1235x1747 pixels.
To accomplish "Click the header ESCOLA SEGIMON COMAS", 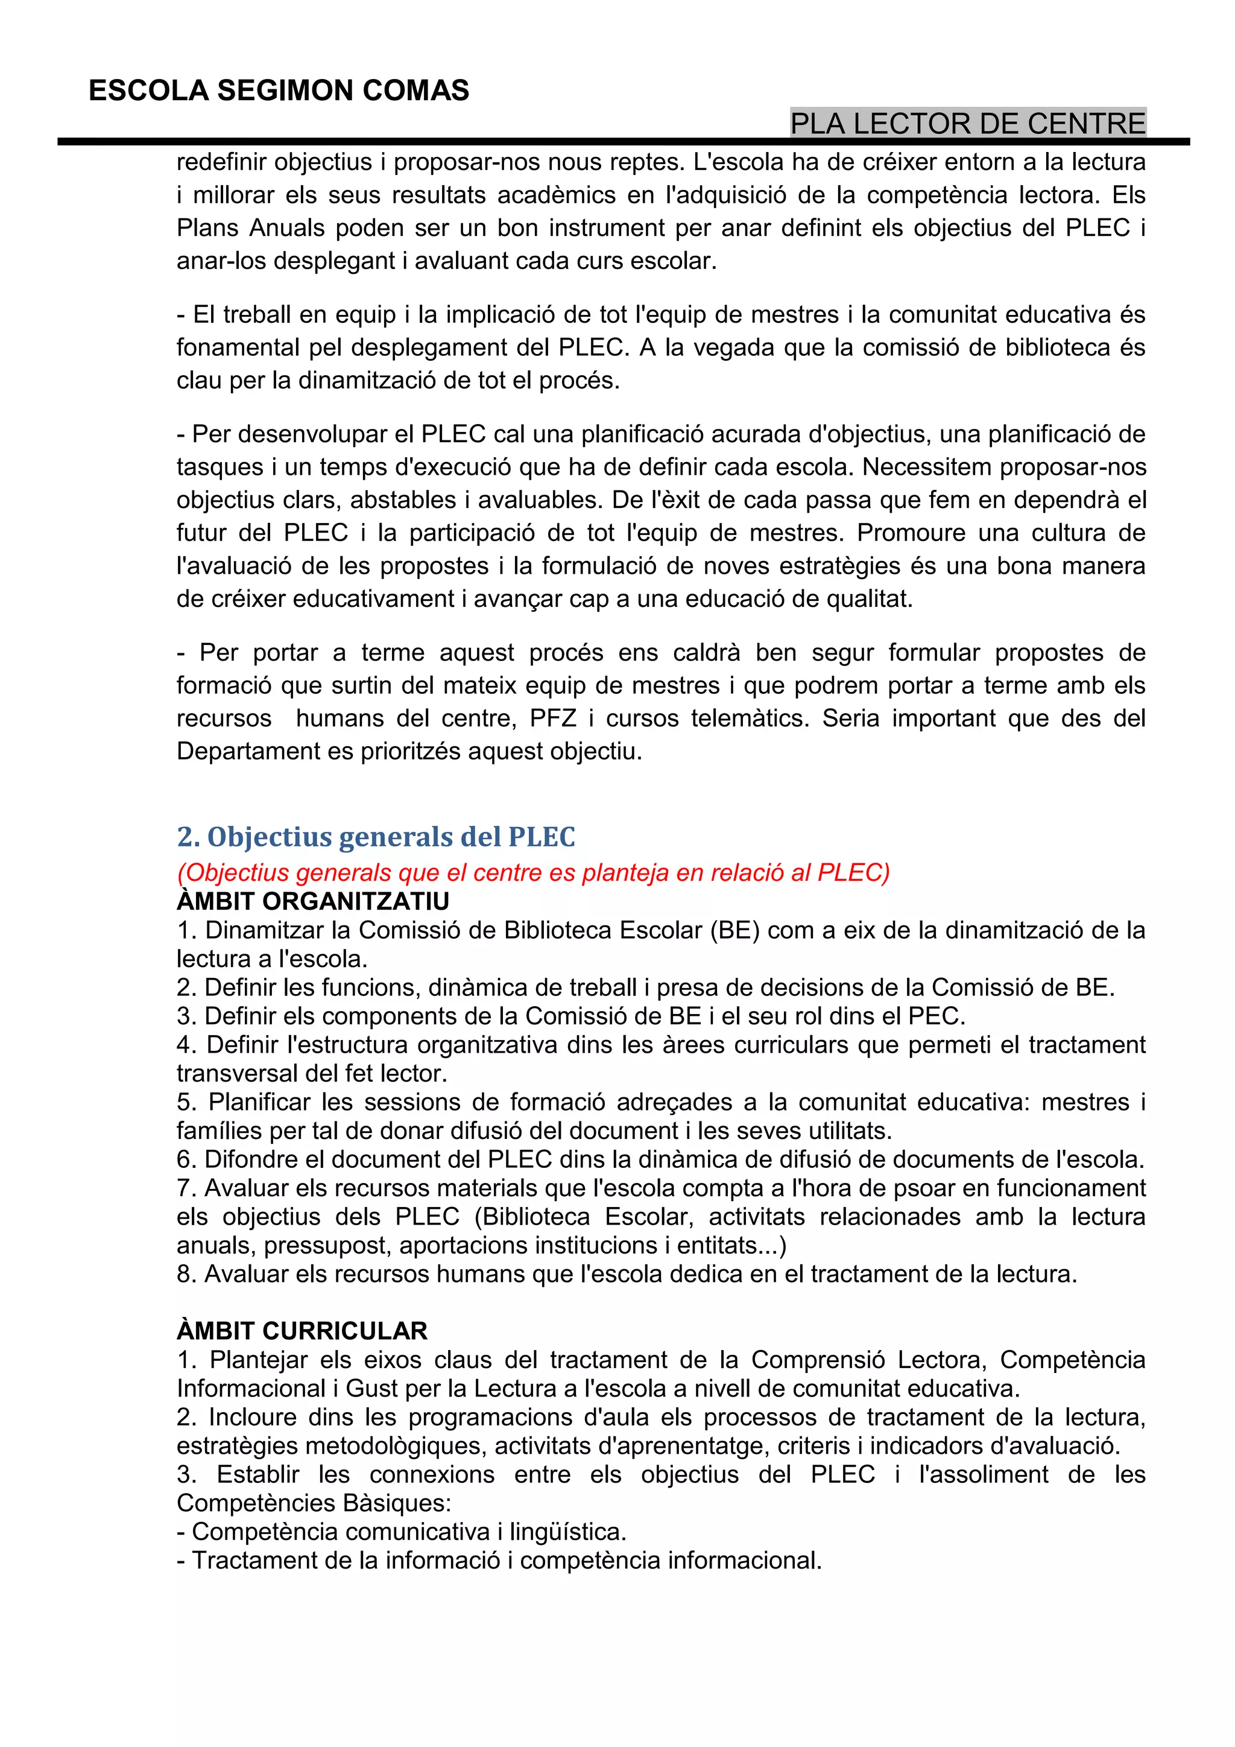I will (x=279, y=90).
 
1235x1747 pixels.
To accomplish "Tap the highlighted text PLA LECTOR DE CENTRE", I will (x=967, y=123).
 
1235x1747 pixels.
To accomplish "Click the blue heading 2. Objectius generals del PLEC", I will (x=376, y=836).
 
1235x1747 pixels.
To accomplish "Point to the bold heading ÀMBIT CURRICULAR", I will (x=302, y=1331).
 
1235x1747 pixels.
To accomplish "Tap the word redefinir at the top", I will (x=221, y=162).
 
